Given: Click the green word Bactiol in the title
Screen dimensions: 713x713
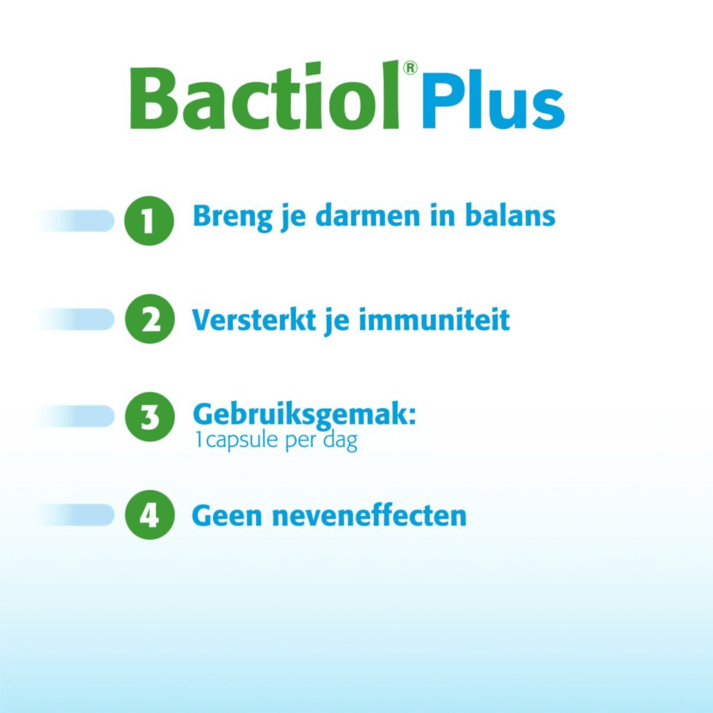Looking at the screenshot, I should point(264,97).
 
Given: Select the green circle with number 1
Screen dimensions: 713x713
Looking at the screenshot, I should point(149,221).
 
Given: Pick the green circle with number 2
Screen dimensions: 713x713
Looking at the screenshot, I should point(150,319).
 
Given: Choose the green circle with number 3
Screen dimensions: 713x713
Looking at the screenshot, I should point(150,417).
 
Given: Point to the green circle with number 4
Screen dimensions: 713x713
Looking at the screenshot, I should point(150,515).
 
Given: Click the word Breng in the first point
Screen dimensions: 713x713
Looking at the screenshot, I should point(232,216).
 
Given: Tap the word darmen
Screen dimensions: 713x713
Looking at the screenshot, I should point(368,216).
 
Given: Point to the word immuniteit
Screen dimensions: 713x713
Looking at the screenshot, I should point(434,320).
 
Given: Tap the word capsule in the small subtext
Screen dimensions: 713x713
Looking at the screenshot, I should point(242,440).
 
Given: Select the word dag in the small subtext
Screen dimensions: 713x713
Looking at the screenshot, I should point(340,441).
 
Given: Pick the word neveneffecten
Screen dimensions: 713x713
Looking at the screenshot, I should point(369,516).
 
